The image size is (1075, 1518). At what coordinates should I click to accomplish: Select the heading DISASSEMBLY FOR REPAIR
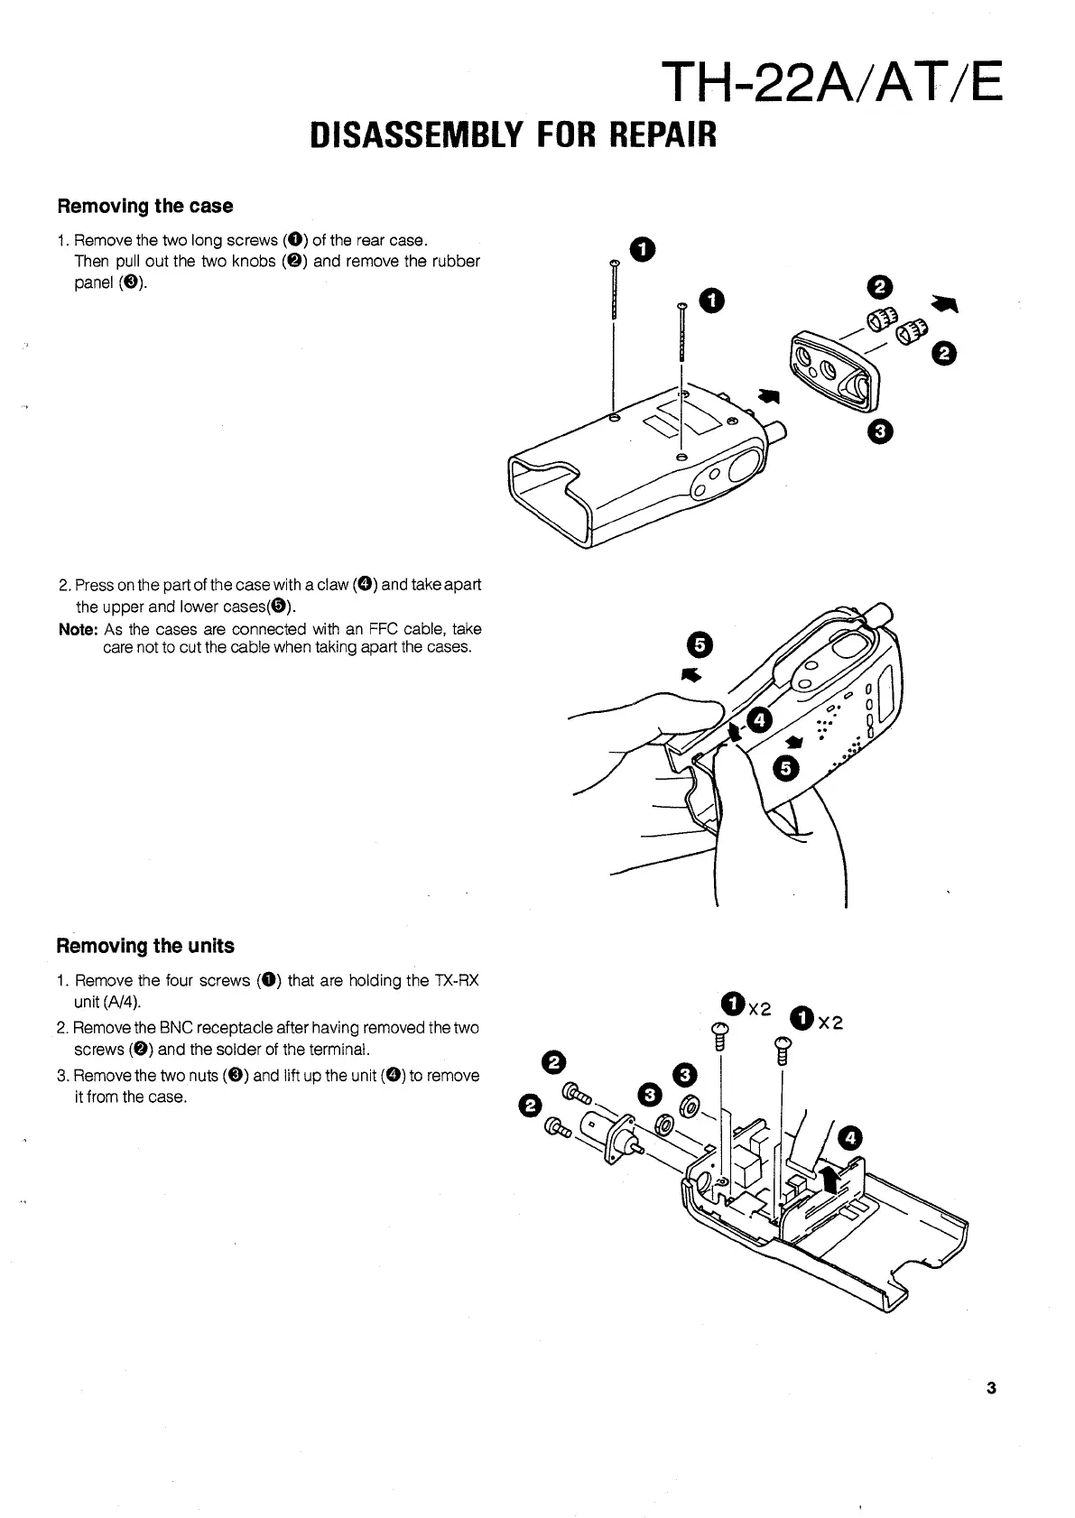[513, 135]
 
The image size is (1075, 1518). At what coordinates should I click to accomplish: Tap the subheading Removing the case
[145, 206]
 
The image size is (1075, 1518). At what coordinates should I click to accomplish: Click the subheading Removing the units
[145, 946]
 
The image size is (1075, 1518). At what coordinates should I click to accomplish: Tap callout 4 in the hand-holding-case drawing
[759, 719]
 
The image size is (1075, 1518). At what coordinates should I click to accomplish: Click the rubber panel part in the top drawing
[829, 369]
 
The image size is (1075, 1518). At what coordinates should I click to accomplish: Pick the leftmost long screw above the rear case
[614, 291]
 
